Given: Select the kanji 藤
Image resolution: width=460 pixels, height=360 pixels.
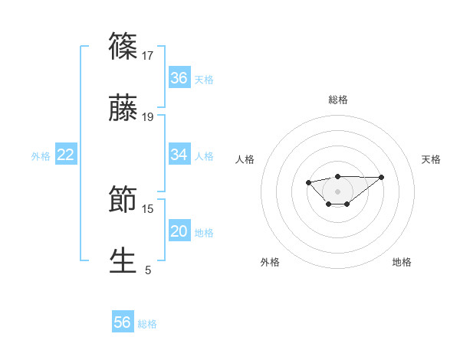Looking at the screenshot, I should tap(123, 110).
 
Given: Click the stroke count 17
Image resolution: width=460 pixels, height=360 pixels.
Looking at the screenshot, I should tap(149, 55).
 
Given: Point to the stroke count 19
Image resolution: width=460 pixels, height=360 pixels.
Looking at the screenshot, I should tap(149, 117).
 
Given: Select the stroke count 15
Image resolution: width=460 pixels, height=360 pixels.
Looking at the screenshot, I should tap(149, 208).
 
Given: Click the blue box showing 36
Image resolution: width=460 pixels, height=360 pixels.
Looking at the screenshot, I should tap(179, 78).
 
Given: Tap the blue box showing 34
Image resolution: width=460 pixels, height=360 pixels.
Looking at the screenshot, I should tap(179, 155).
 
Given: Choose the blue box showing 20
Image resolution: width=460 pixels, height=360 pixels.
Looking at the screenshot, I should tap(179, 231).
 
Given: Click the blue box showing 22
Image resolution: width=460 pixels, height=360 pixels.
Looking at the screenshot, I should tap(66, 155).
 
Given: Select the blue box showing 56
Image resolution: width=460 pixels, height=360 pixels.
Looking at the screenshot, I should tap(123, 322).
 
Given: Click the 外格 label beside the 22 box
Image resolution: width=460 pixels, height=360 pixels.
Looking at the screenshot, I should tap(41, 156).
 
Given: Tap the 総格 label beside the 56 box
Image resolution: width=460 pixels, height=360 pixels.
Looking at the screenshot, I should tap(147, 324).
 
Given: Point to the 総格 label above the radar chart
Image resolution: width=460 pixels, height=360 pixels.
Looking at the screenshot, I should tap(338, 100).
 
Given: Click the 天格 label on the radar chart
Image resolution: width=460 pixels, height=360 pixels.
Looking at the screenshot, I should tap(432, 159).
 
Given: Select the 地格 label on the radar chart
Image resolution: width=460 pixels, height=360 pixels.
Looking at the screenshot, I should tap(402, 262).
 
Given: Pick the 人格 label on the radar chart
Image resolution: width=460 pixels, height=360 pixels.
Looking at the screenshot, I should tap(245, 159).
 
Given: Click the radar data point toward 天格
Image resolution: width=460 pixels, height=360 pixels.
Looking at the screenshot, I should tap(382, 177).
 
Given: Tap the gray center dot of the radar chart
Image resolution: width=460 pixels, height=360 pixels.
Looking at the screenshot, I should tap(337, 191).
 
